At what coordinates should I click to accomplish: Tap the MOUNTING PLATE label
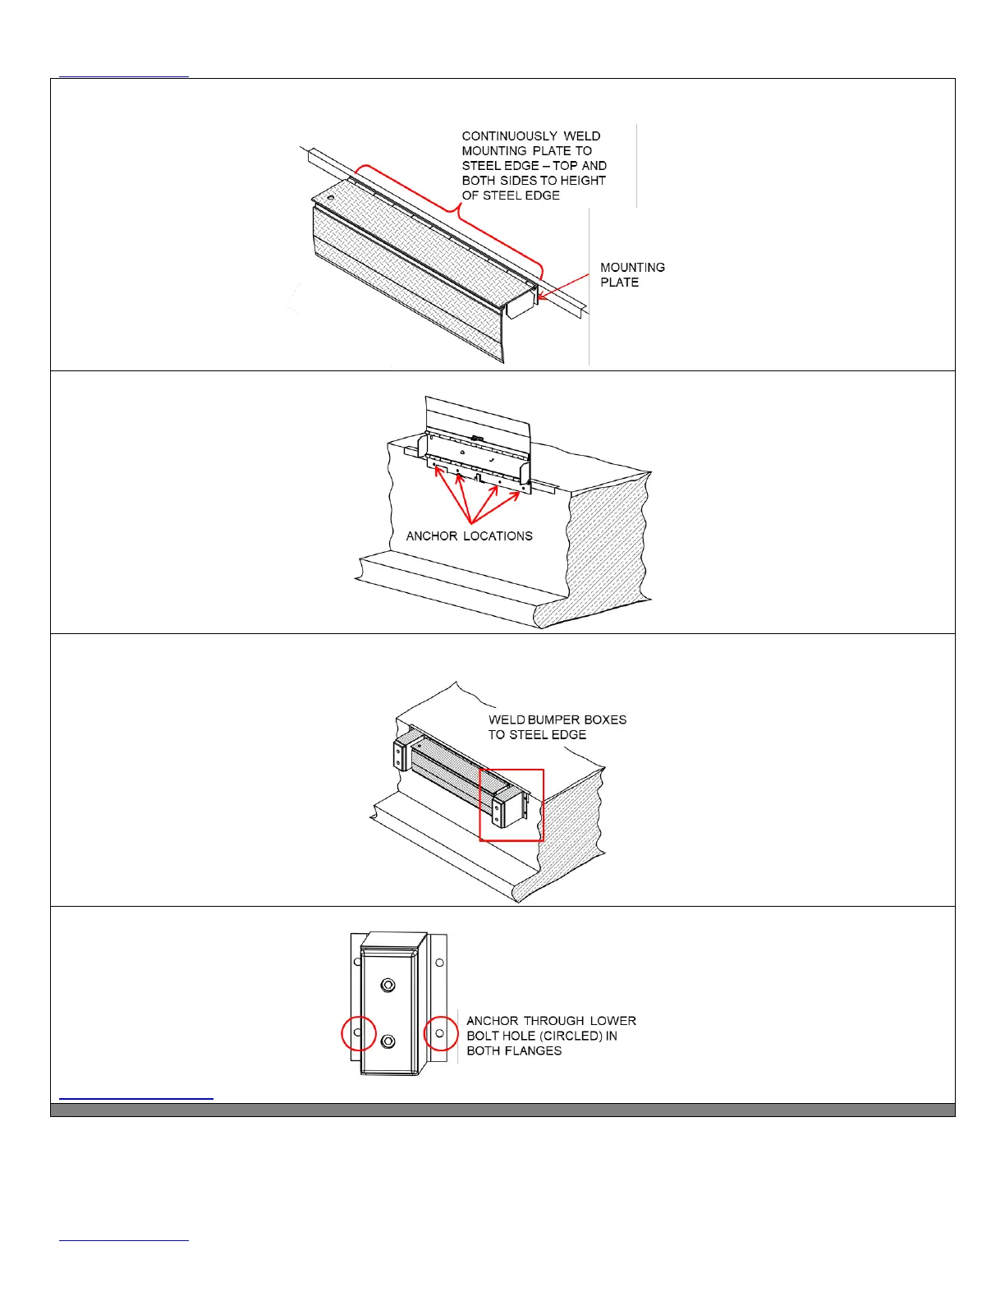631,275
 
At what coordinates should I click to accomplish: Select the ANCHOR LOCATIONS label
469,536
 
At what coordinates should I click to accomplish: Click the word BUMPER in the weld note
554,720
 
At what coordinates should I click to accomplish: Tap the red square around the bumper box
511,805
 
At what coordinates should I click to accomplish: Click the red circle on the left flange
358,1033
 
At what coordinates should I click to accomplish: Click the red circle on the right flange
440,1033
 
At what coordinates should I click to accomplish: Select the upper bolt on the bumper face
388,985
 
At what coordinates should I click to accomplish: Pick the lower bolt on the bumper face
388,1041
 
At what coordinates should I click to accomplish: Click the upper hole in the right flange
439,963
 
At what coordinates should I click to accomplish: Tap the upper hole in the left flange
357,963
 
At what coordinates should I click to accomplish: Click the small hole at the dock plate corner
330,198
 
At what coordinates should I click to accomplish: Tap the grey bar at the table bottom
502,1110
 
